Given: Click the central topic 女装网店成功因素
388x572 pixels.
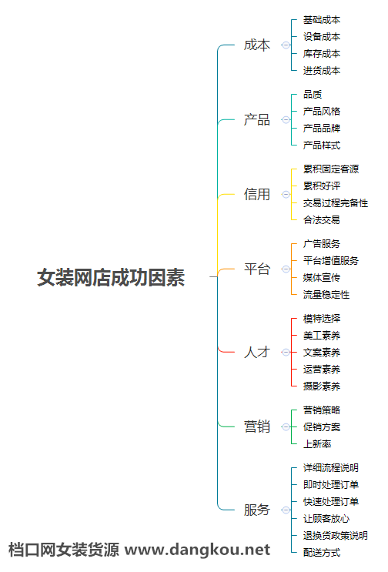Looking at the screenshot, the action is tap(111, 277).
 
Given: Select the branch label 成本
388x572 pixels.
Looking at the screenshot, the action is tap(257, 45).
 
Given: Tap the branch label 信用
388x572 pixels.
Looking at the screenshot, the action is tap(257, 194).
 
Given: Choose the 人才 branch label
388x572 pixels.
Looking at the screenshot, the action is tap(257, 352).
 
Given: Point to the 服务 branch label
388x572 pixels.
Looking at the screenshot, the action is tap(257, 510).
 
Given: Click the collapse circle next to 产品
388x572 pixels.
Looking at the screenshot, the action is tap(286, 119).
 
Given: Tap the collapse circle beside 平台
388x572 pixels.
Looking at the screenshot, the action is tap(286, 269).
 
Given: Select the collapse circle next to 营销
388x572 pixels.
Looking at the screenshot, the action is tap(286, 426).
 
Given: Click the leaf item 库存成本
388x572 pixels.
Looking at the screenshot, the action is tap(322, 54).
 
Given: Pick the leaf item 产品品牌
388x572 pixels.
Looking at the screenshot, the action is tap(322, 128).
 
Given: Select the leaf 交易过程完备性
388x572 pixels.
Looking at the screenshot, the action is tap(336, 202).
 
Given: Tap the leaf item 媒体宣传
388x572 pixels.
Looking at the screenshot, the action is tap(322, 278).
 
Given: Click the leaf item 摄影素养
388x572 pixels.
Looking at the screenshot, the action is tap(322, 386).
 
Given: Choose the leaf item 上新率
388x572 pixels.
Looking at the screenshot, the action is tap(317, 444).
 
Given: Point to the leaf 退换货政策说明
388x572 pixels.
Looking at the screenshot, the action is tap(336, 536).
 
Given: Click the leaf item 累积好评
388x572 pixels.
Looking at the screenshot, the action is tap(322, 186).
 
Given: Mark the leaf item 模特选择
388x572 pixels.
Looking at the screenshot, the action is tap(322, 319).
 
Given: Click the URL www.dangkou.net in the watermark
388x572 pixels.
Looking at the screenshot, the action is tap(197, 550).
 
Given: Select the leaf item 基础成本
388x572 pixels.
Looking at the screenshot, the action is tap(322, 20).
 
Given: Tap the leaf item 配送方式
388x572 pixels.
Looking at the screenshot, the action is tap(322, 552).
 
